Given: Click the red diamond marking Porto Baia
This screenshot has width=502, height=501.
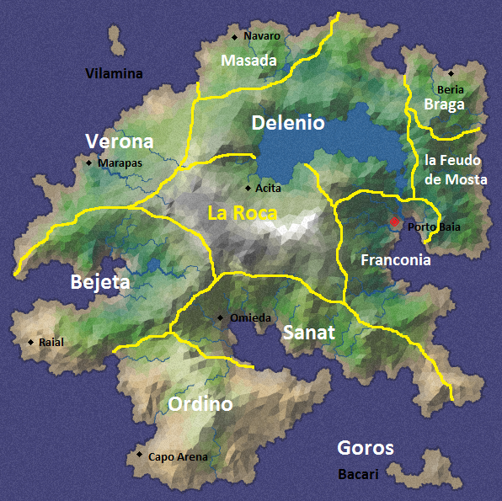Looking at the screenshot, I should (393, 221).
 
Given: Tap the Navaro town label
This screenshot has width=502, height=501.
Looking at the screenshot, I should (261, 36).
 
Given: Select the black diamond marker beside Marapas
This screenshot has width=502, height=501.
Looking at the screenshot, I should (88, 163).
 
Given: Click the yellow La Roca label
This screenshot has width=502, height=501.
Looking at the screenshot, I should (243, 214).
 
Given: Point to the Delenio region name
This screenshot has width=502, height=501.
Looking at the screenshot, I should (288, 124).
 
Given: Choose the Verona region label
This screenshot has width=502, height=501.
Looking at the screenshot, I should (120, 141).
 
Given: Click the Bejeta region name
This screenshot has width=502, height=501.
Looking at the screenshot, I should (100, 282).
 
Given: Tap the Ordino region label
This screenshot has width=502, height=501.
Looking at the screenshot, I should (200, 404).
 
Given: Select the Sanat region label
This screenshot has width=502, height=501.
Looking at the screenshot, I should (308, 333).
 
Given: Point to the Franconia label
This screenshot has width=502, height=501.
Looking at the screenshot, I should (396, 260).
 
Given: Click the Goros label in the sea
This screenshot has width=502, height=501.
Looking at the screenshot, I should (366, 448).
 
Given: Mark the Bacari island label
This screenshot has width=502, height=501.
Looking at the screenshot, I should (358, 474).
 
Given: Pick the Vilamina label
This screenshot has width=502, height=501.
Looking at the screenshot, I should (115, 74).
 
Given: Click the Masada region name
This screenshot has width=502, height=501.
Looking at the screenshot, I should (248, 61).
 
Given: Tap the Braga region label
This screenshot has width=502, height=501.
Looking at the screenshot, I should (444, 104).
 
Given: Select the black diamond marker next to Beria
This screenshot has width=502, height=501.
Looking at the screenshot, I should (451, 73).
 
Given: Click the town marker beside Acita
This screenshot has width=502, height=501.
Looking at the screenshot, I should (248, 188).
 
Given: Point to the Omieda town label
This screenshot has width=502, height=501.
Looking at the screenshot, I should (251, 317).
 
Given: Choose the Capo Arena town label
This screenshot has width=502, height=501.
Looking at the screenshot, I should (178, 457).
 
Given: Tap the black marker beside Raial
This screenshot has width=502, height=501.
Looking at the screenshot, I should (31, 342).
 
